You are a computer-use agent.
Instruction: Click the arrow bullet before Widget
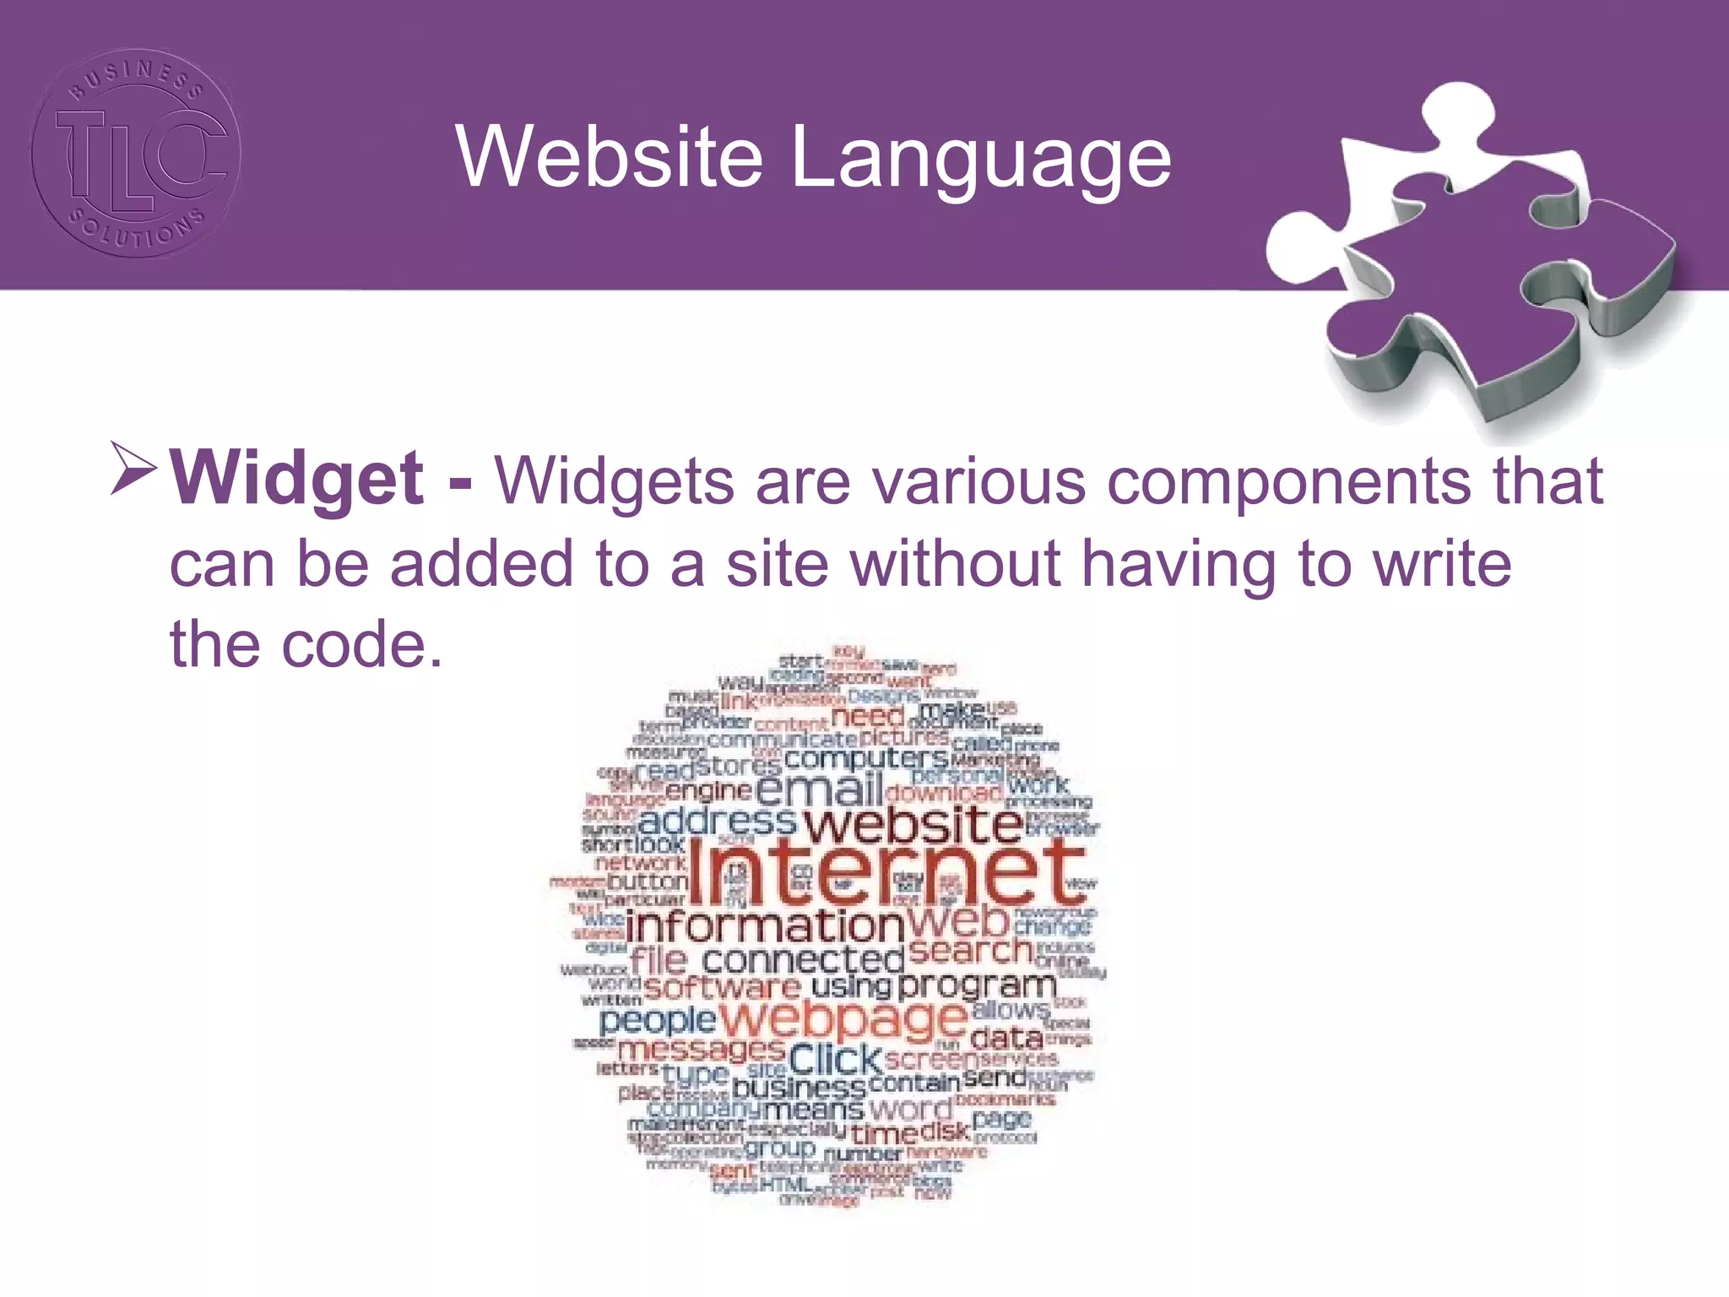click(x=133, y=469)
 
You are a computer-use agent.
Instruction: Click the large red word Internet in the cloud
click(x=886, y=875)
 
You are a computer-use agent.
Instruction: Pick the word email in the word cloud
click(x=819, y=790)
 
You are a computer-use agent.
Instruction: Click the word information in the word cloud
click(x=765, y=927)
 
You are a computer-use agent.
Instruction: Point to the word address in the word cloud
click(x=718, y=822)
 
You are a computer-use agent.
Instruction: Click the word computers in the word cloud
click(x=866, y=758)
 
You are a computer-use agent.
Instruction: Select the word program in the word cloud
click(x=976, y=985)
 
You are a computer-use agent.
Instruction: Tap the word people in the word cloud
click(x=658, y=1021)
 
